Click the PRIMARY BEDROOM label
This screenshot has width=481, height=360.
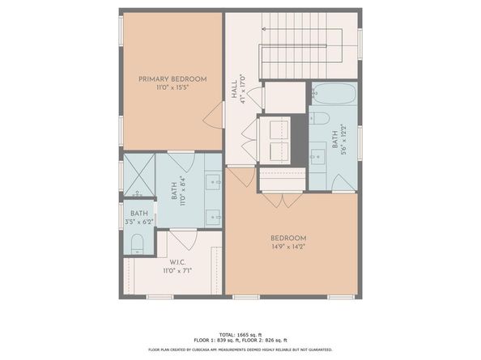coord(172,78)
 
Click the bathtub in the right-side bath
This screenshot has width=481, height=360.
coord(331,96)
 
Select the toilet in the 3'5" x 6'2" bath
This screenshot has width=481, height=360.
coord(136,243)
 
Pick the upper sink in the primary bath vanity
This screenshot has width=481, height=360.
coord(214,182)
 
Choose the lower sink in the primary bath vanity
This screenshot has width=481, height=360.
coord(214,216)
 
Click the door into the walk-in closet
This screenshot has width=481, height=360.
coord(185,239)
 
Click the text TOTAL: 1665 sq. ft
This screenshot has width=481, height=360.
coord(240,333)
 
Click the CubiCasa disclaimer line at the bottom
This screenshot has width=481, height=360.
coord(240,350)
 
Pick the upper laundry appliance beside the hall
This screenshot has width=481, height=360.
coord(274,129)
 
